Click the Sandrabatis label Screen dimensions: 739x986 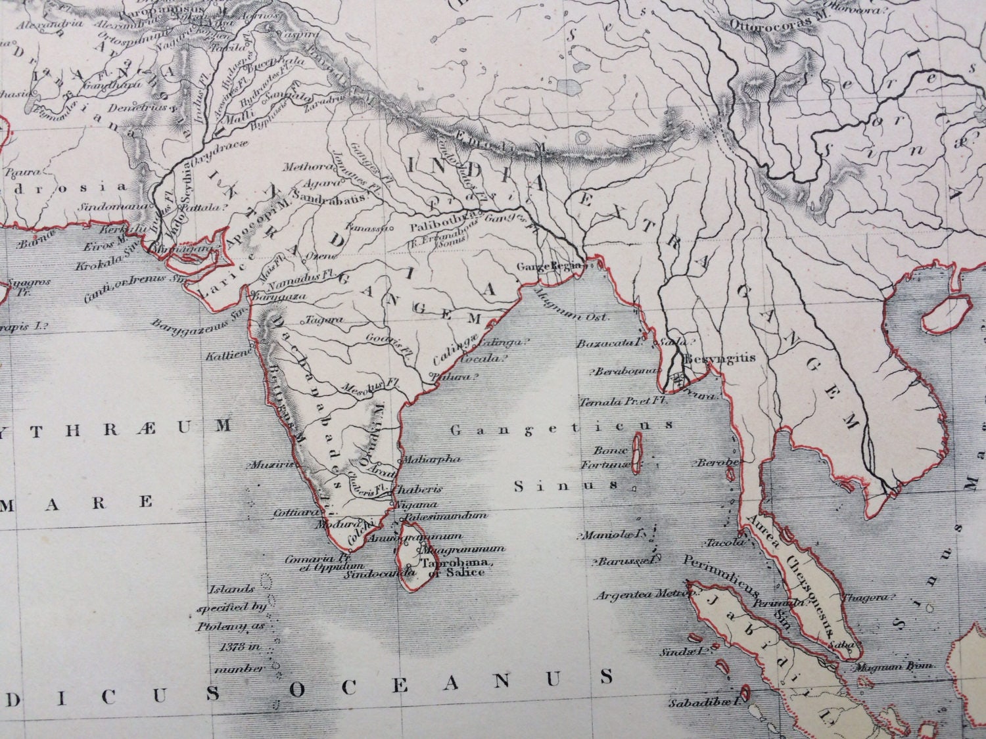326,196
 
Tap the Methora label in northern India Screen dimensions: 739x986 301,168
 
